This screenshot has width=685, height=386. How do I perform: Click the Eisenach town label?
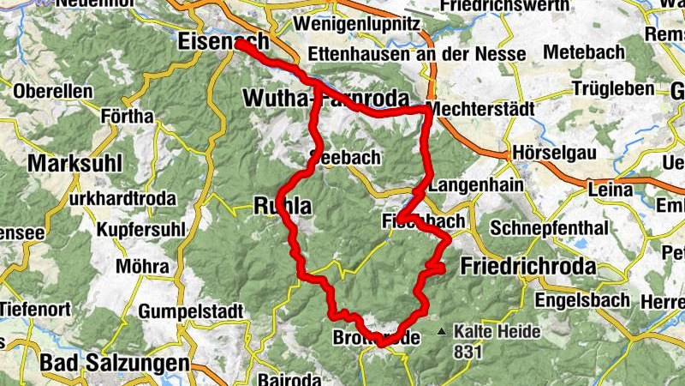[222, 41]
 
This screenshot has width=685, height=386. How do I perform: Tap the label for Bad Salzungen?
[114, 363]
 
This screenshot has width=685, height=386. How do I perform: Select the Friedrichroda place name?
[527, 267]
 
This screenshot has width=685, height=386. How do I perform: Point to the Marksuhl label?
[75, 163]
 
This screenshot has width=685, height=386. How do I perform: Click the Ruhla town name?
[277, 205]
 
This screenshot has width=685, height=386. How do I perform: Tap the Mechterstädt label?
[479, 110]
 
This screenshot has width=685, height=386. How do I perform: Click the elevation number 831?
[469, 351]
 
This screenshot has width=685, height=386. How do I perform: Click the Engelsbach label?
[582, 300]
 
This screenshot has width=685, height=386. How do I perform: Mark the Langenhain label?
[474, 185]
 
